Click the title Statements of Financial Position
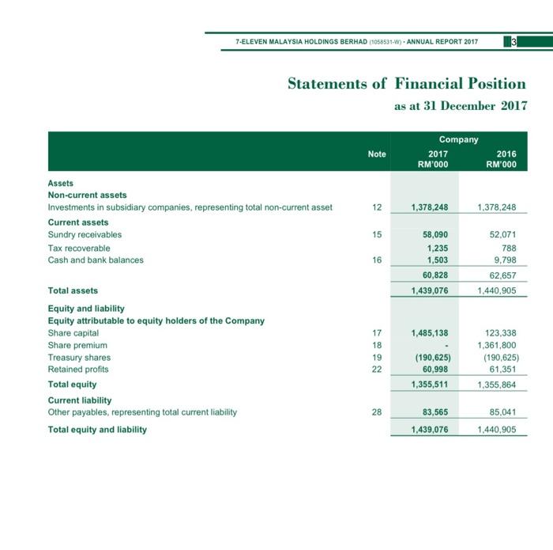click(x=406, y=84)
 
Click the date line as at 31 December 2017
click(x=460, y=106)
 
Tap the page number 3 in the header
click(x=513, y=42)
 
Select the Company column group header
click(x=458, y=139)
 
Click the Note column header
click(x=377, y=154)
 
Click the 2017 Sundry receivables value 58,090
click(x=433, y=235)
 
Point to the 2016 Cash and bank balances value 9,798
click(x=505, y=260)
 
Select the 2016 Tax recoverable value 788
click(x=508, y=248)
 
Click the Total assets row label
click(x=73, y=291)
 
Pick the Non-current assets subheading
click(x=87, y=195)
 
